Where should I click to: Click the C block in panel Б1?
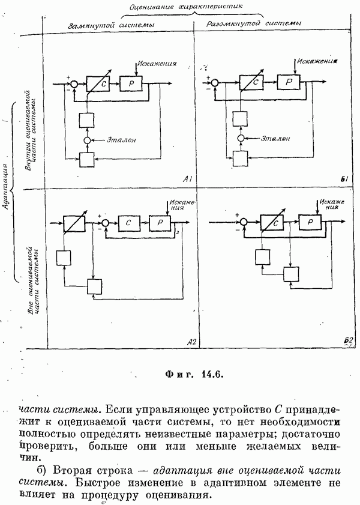click(x=250, y=81)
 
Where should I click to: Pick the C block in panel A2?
click(x=128, y=223)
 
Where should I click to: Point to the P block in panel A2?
click(x=160, y=223)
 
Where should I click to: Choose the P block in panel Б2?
click(x=310, y=222)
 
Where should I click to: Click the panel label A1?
click(x=187, y=180)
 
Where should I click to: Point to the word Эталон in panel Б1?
click(x=277, y=138)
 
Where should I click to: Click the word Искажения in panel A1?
click(x=156, y=64)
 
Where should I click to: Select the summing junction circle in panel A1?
click(x=74, y=85)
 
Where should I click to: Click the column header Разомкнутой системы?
click(x=254, y=25)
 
